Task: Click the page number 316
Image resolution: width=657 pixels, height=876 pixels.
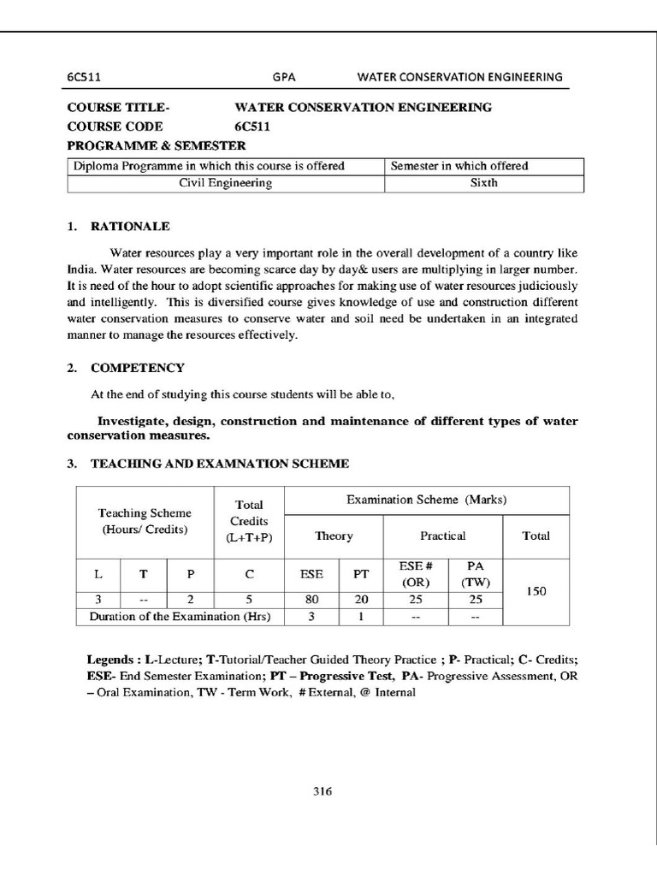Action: pos(322,791)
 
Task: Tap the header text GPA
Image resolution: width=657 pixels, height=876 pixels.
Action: pos(284,76)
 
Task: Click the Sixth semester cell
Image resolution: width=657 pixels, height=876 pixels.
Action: pos(484,183)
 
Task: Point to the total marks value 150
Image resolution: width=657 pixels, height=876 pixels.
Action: pos(536,591)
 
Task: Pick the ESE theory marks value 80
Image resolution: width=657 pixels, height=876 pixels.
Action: pos(312,600)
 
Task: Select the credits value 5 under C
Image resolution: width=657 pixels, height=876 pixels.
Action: pos(248,600)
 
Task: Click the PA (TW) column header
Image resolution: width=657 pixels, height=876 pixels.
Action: pos(476,575)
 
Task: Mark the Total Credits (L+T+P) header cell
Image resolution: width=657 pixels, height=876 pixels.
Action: pos(248,521)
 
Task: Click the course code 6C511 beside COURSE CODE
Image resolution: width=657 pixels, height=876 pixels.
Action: pos(252,127)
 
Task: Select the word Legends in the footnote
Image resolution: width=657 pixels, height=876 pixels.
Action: pos(109,661)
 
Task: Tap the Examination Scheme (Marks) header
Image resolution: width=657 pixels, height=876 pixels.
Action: pos(426,500)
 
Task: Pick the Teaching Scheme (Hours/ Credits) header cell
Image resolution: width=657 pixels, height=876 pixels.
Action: pos(145,521)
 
